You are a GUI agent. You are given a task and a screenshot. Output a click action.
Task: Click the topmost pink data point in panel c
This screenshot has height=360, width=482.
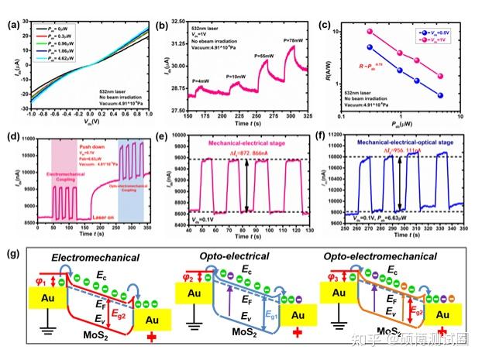[x=370, y=30]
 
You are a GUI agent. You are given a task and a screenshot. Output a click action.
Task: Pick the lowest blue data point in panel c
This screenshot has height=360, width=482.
[x=440, y=95]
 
